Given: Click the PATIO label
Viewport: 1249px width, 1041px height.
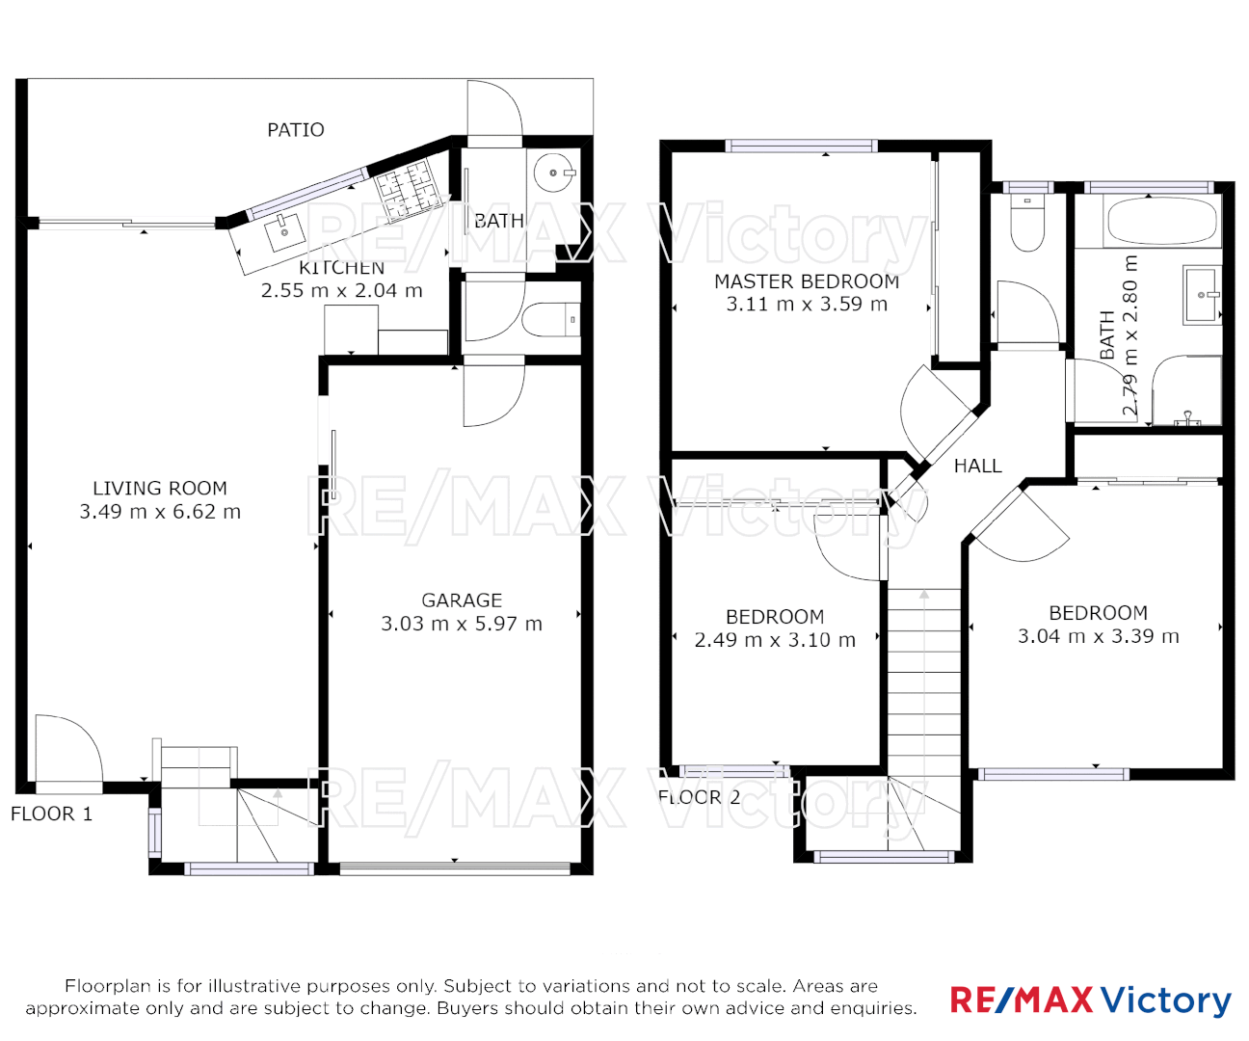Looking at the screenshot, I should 295,130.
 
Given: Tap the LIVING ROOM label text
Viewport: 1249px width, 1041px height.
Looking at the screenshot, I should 160,489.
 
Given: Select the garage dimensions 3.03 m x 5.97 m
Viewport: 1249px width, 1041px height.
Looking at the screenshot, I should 462,625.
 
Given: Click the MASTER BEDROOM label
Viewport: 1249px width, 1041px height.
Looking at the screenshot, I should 807,281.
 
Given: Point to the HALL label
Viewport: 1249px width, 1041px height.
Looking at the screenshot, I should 977,467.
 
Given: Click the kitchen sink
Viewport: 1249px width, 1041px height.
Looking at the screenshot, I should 284,230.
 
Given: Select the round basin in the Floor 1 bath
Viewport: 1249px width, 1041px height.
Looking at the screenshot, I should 554,173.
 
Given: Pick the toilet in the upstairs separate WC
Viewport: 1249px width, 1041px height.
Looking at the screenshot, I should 1027,225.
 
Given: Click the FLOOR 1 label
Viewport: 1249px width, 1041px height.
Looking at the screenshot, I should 52,814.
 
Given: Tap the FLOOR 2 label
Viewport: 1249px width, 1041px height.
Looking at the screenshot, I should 700,797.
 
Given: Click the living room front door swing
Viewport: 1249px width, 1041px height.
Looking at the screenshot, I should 66,749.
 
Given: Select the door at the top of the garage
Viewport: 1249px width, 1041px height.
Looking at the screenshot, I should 492,392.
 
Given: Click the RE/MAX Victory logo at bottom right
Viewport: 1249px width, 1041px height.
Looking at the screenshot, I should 1090,1001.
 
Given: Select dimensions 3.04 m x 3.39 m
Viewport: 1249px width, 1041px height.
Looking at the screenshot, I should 1098,637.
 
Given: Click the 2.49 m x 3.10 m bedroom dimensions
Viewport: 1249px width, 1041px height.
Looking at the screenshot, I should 775,641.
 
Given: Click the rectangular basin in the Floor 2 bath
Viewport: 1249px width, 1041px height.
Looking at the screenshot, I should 1203,295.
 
